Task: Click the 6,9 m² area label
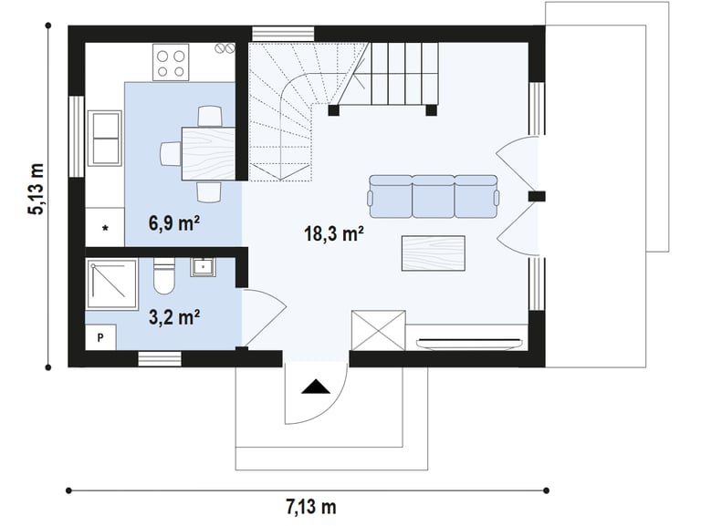[x=174, y=223]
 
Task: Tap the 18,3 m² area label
[x=333, y=233]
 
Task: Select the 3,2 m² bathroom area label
[x=174, y=317]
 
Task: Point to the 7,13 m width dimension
[x=311, y=507]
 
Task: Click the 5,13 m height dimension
[x=37, y=189]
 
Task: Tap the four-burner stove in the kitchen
[x=171, y=62]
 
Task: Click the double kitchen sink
[x=105, y=138]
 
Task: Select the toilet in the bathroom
[x=163, y=276]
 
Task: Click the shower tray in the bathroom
[x=111, y=284]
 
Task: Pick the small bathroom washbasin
[x=203, y=267]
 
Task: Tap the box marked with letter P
[x=100, y=337]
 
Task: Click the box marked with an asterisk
[x=105, y=227]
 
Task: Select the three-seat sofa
[x=433, y=197]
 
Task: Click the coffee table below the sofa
[x=434, y=253]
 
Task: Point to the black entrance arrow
[x=316, y=387]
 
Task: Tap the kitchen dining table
[x=209, y=153]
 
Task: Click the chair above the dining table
[x=210, y=116]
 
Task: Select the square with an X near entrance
[x=379, y=331]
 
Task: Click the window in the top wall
[x=283, y=35]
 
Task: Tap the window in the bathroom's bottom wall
[x=160, y=359]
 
